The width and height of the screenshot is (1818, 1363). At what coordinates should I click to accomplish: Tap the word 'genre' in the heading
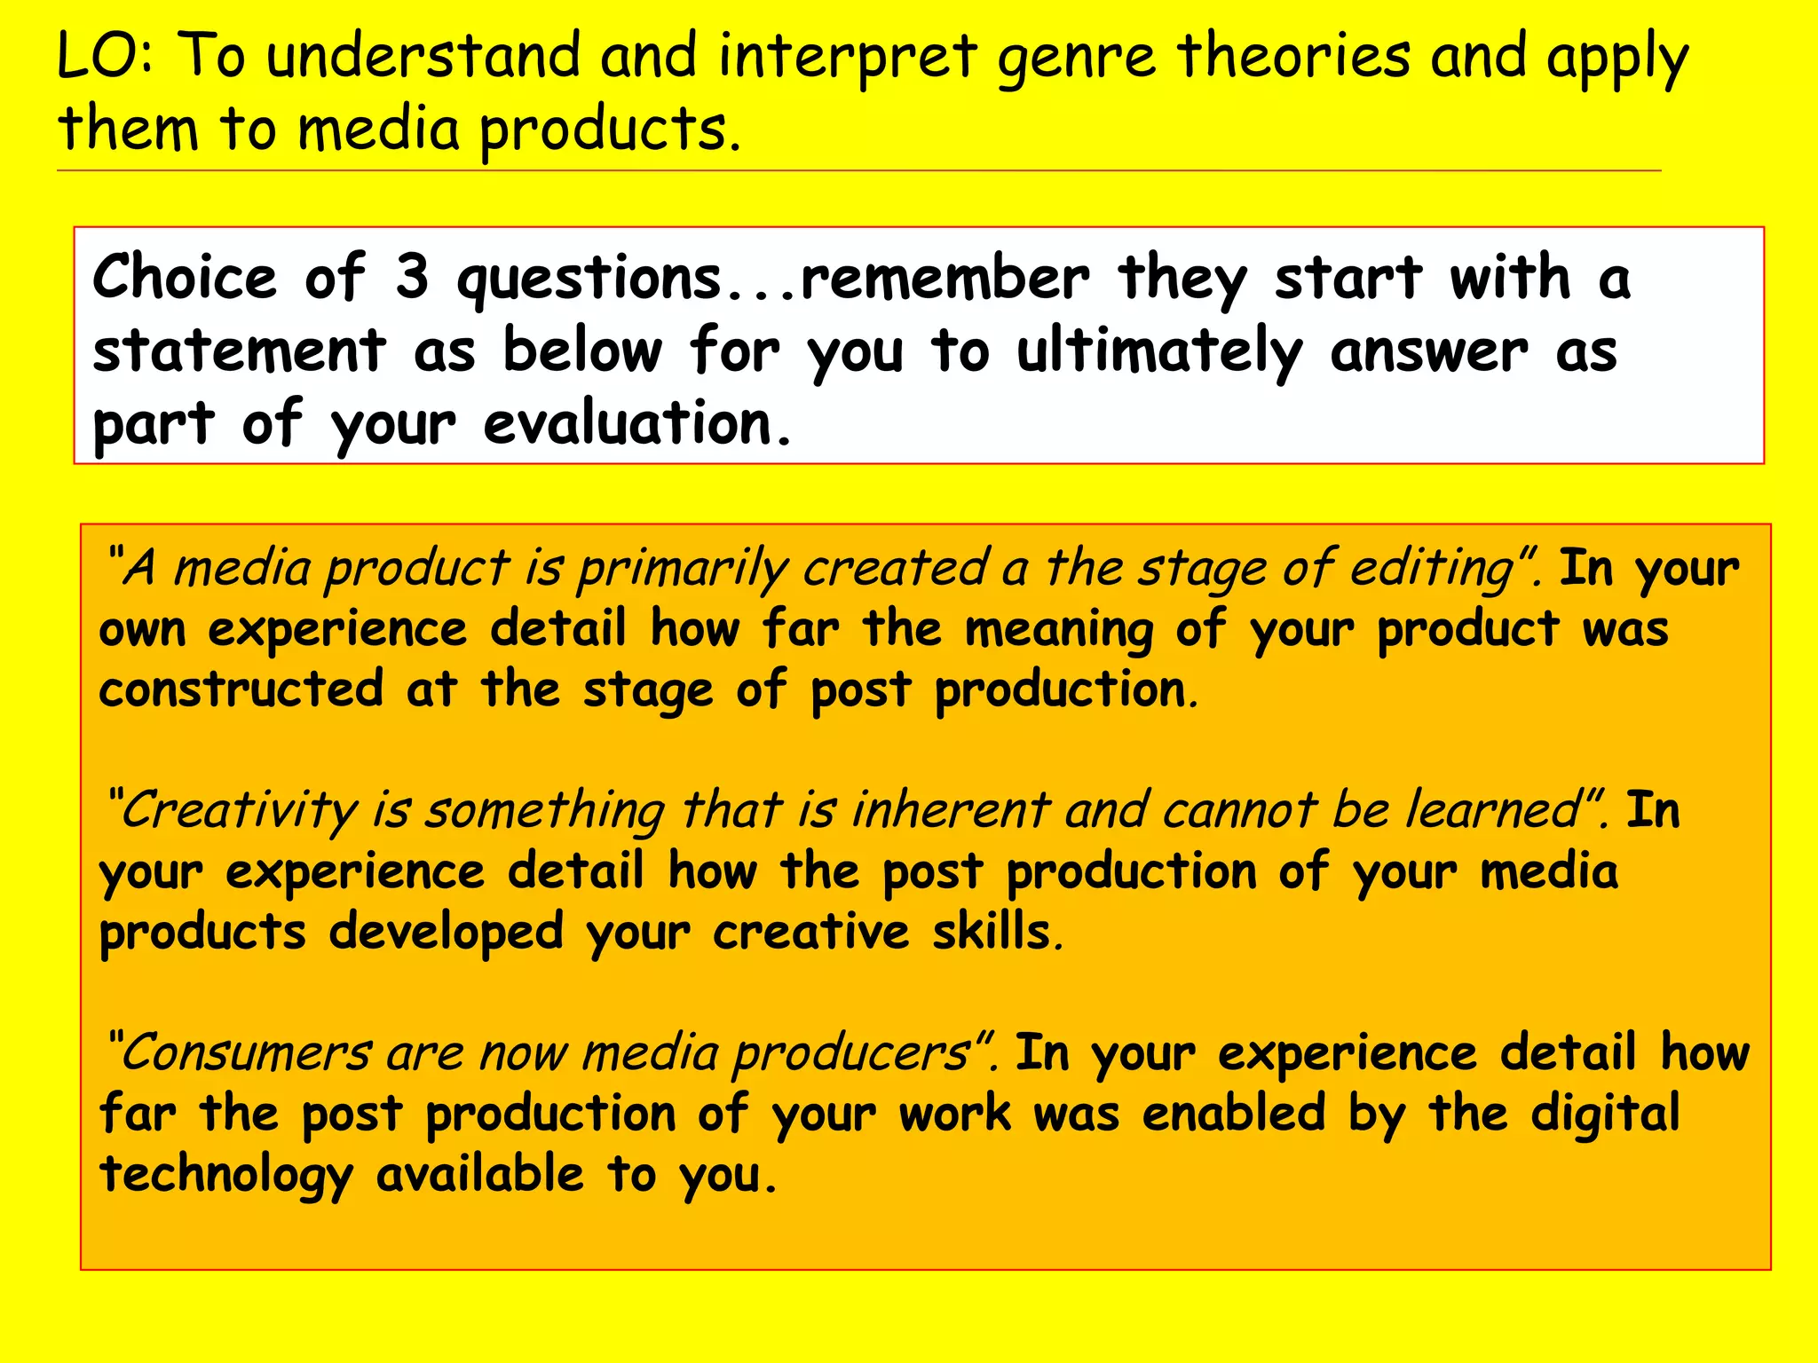1077,59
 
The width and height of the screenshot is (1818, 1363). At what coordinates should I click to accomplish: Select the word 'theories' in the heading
1293,55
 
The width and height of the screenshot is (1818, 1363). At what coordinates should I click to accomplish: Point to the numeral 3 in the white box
412,277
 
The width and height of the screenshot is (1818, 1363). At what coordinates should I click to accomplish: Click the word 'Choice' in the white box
185,277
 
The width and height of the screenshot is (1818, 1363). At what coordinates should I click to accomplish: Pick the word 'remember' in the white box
945,279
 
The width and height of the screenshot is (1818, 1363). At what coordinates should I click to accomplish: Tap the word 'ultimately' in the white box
1158,352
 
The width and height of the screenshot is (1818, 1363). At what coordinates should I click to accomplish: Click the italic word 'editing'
1430,569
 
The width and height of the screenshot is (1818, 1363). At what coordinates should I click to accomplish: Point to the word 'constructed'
241,689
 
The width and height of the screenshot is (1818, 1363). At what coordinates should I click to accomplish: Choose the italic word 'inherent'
951,810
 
